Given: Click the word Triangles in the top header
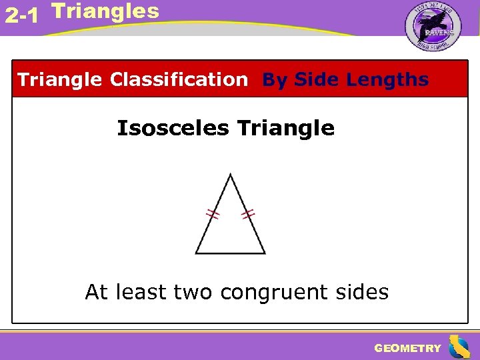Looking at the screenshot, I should coord(105,11).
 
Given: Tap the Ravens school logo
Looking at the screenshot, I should coord(433,27).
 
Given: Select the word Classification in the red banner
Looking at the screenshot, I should coord(179,80).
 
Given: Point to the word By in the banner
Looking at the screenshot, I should coord(275,80).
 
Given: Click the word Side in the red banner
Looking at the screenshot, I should coord(315,80).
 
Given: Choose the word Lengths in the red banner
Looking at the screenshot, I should coord(387,80).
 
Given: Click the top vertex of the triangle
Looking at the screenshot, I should coord(230,175).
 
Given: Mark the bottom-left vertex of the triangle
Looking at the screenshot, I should coord(196,253).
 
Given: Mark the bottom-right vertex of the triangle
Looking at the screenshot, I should coord(265,253).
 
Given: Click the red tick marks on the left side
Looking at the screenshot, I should coord(213,214).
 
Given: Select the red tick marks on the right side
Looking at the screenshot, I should coord(248,214).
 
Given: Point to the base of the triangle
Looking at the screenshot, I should coord(230,253).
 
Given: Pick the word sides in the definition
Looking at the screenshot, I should coord(364,292).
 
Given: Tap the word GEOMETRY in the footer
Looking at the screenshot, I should coord(407,348).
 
